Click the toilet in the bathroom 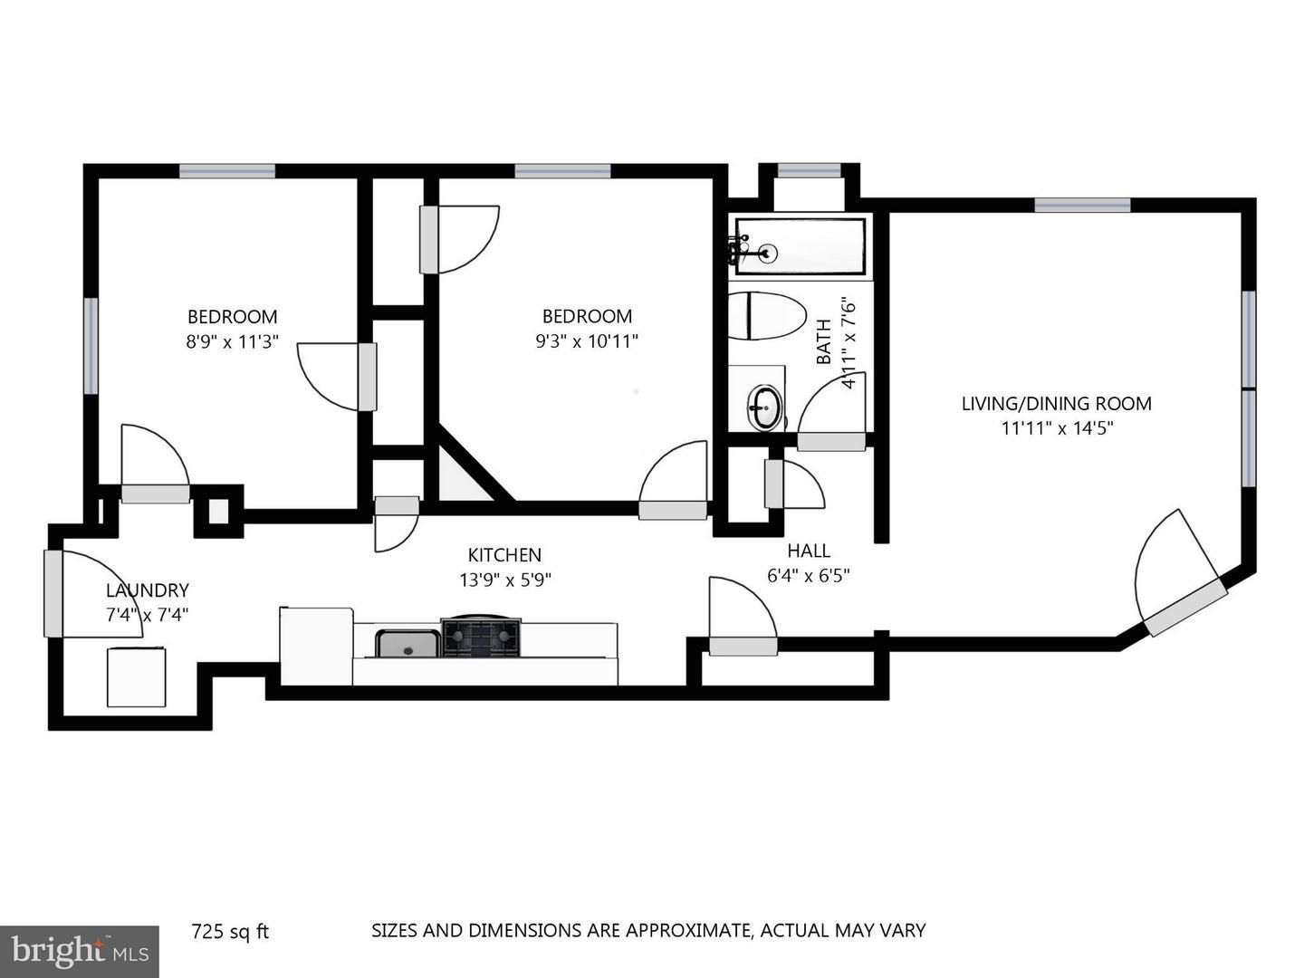766,315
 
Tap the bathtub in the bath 801,246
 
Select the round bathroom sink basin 764,407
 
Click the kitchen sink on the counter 407,644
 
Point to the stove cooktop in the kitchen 481,636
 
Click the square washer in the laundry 136,677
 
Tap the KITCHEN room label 504,554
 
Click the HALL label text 809,551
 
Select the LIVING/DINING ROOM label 1056,404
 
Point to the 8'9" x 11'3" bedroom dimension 233,342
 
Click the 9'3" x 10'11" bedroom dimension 587,341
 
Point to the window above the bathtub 810,171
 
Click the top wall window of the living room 1082,205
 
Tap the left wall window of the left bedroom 91,346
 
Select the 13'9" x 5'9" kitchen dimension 505,580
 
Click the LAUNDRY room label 148,590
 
